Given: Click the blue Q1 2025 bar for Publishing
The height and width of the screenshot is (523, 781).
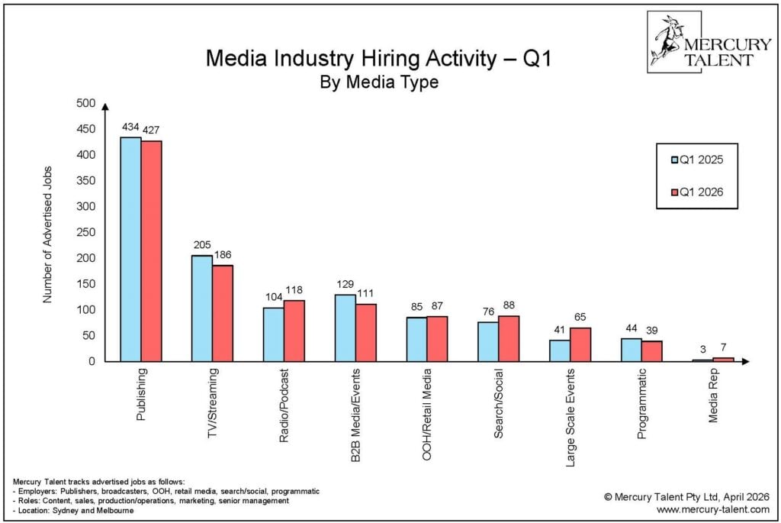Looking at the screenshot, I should pyautogui.click(x=130, y=249).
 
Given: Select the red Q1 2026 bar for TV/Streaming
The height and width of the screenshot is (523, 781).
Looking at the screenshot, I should pyautogui.click(x=223, y=313).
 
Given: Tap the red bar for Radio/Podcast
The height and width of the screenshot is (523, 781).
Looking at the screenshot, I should pyautogui.click(x=294, y=331).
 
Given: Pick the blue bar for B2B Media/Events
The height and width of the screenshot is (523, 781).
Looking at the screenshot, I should pyautogui.click(x=346, y=328).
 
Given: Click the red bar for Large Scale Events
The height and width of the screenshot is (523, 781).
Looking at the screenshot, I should pyautogui.click(x=580, y=344).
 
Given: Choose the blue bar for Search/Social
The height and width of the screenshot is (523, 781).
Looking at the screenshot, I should pyautogui.click(x=488, y=341).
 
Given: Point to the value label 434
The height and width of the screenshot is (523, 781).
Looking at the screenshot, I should pyautogui.click(x=130, y=128).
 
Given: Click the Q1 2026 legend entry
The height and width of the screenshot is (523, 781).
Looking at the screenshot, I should pyautogui.click(x=696, y=192).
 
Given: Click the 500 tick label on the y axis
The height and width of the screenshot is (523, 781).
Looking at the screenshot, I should pyautogui.click(x=85, y=103).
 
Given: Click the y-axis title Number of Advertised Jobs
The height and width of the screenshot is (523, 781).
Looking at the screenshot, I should pyautogui.click(x=47, y=234).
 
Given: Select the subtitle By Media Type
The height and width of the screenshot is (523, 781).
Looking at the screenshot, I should pyautogui.click(x=378, y=82).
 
